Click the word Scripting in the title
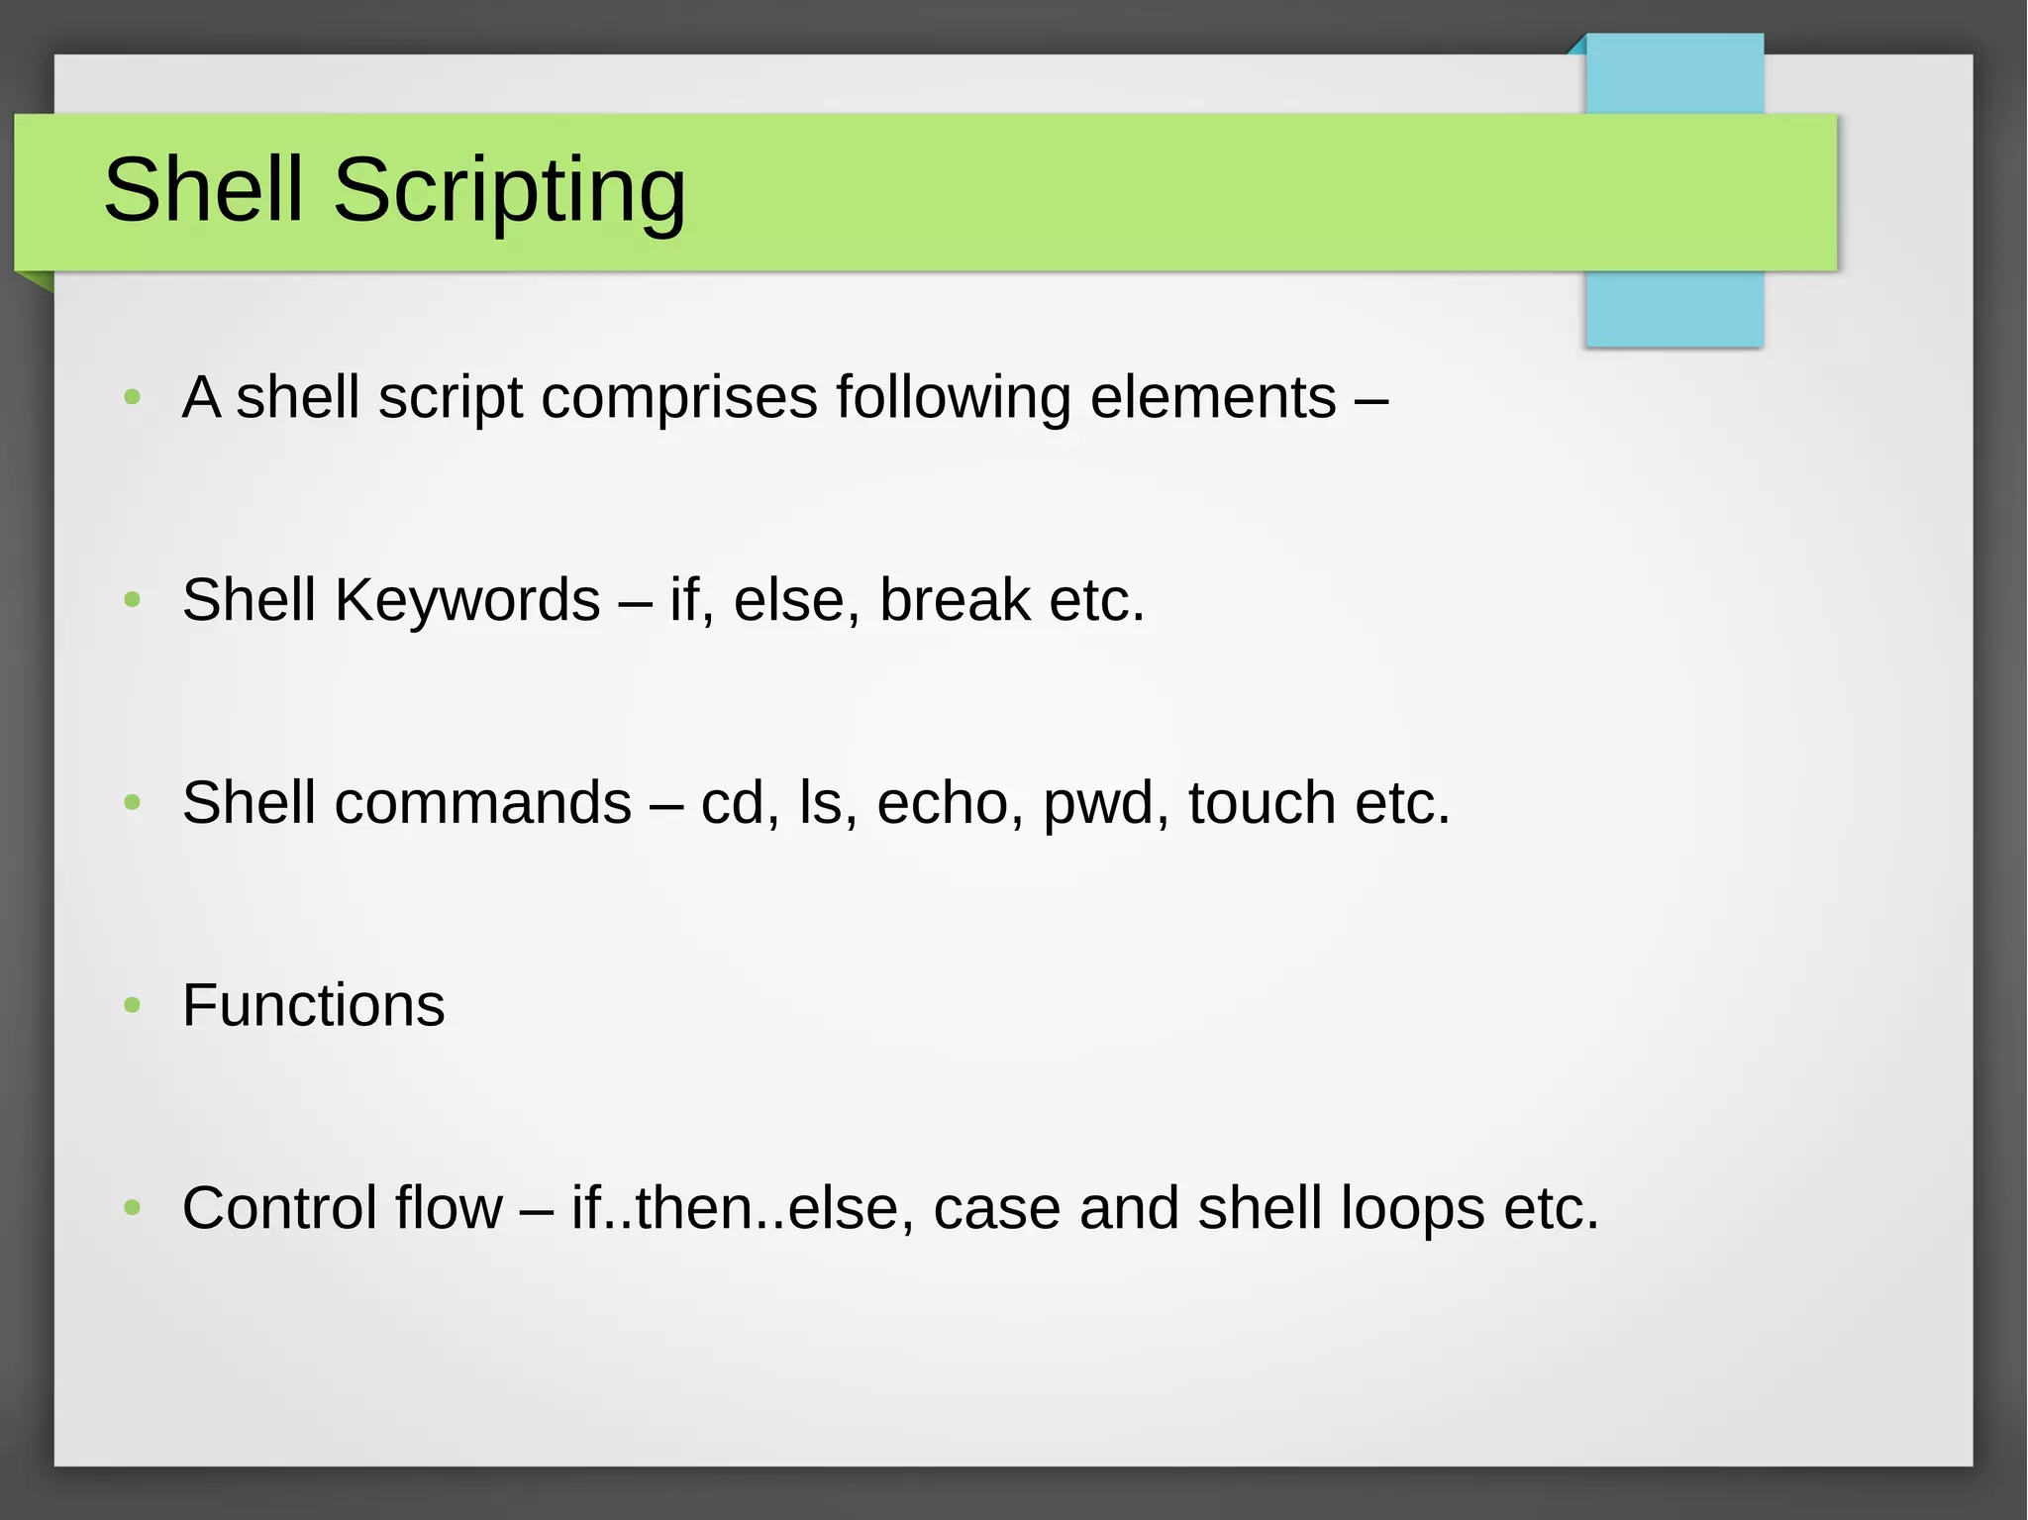(509, 190)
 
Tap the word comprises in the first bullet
(679, 398)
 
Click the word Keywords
(467, 600)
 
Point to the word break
(955, 600)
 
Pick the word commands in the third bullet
(482, 802)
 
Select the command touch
(1262, 802)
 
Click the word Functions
(313, 1005)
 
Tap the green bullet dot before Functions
(133, 1006)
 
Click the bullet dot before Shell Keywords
(133, 600)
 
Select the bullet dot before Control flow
(133, 1208)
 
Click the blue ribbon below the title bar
(1673, 309)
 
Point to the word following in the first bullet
(953, 398)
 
